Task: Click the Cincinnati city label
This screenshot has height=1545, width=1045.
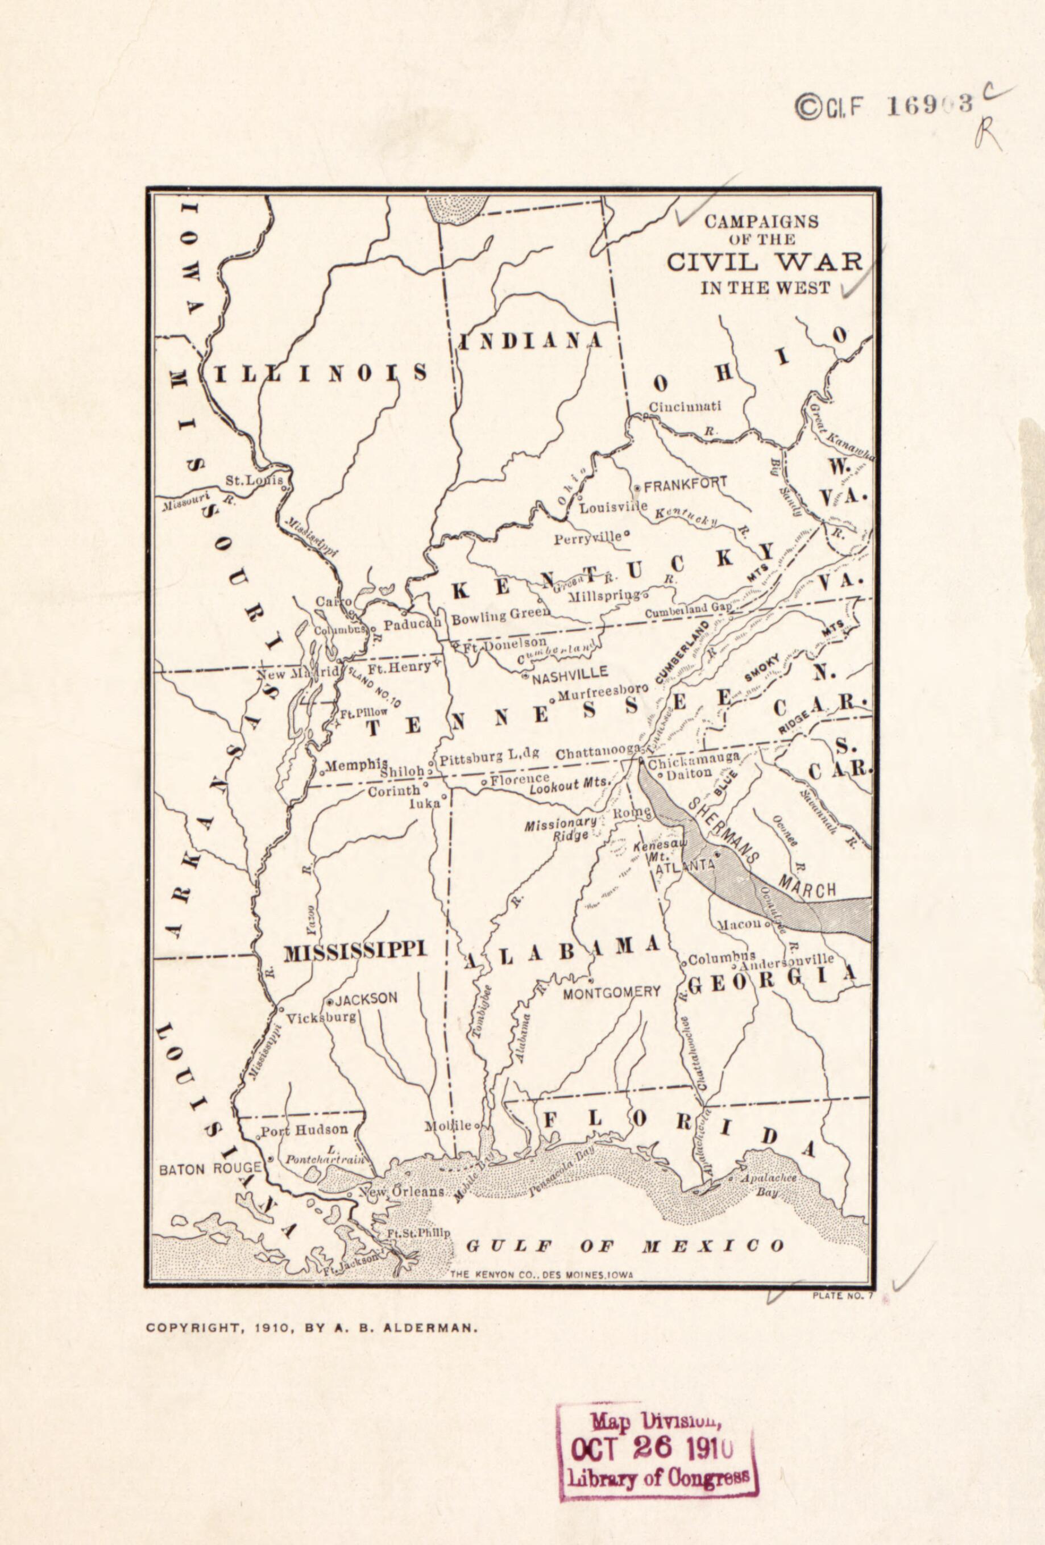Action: tap(685, 407)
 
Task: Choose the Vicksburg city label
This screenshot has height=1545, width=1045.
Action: tap(322, 1018)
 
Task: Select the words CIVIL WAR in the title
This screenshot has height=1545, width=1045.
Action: tap(764, 261)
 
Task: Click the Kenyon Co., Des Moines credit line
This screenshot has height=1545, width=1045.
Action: tap(541, 1275)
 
